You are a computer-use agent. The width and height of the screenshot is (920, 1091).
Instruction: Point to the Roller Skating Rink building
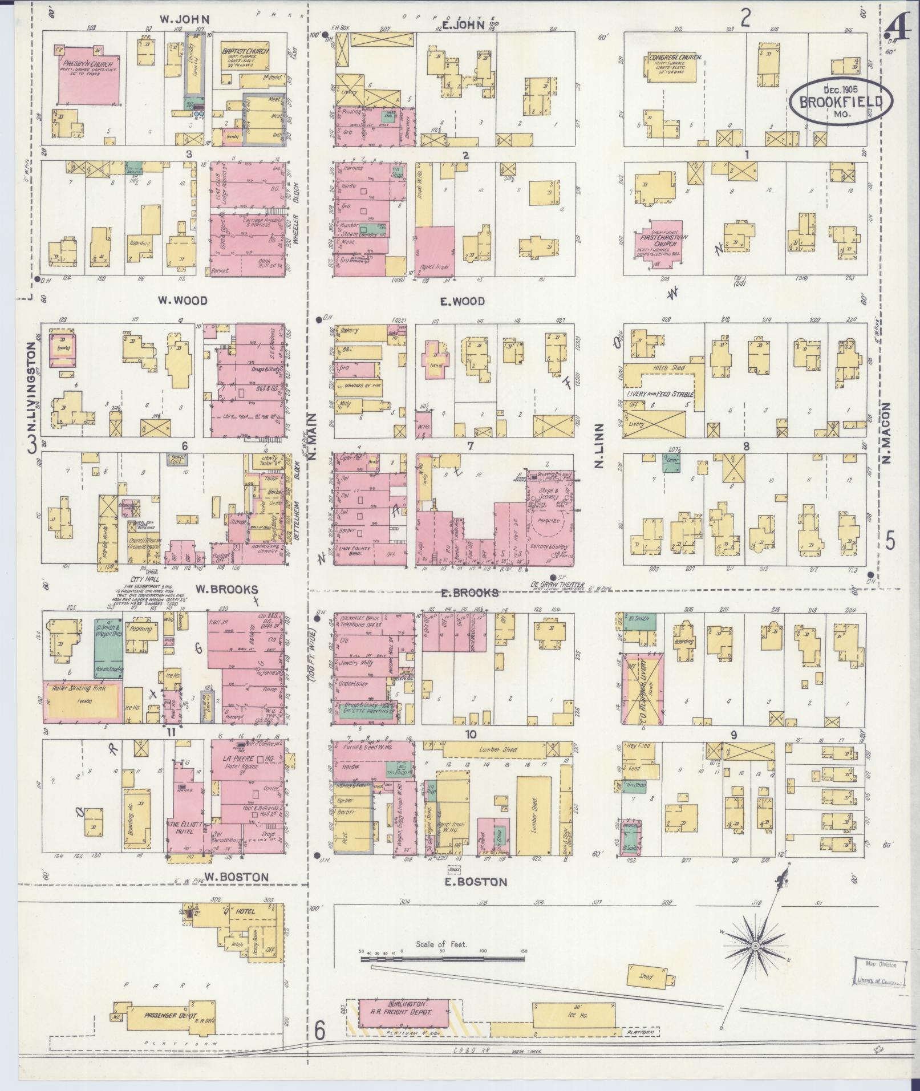coord(83,701)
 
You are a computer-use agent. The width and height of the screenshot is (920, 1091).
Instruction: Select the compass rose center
coord(755,946)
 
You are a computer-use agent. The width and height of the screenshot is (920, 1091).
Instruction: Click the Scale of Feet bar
coord(442,960)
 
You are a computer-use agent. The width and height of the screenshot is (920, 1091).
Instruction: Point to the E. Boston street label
coord(475,881)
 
